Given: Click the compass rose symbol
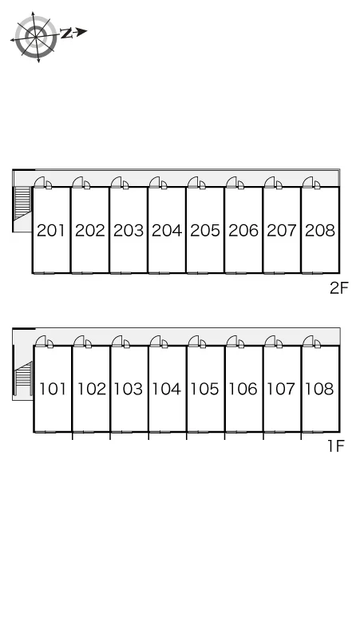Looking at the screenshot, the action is coord(36,37).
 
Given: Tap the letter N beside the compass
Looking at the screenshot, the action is coord(66,34).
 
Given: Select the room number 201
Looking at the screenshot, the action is coord(51,231).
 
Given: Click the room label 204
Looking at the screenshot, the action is coord(167,231).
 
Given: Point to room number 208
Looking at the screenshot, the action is coord(320,231).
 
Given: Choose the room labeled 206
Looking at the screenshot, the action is coord(243,231).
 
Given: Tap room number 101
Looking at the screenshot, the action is coord(53,389).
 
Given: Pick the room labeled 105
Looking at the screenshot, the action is coord(204,389).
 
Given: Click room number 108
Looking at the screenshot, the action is coord(319,389).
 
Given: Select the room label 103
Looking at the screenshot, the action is coord(128,389).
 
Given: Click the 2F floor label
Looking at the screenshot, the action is coord(339,288).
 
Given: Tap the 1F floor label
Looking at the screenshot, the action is coord(336,446).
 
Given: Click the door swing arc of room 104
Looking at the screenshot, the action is coord(155,340).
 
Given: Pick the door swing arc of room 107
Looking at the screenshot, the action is coord(270,340).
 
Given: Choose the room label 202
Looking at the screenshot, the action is coord(90,231).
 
